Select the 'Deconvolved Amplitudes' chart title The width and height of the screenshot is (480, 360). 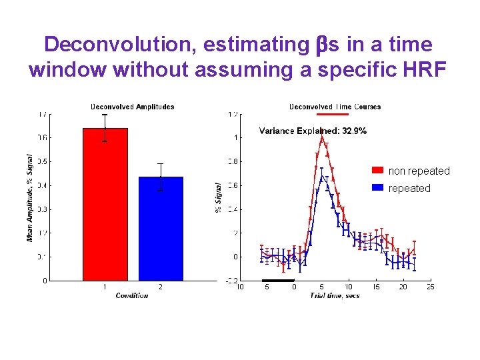tap(132, 107)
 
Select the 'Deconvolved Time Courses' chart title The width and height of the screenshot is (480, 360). tap(335, 107)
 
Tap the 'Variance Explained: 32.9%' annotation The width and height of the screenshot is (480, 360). tap(313, 131)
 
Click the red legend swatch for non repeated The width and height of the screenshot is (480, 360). tap(377, 171)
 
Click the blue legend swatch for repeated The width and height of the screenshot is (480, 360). tap(377, 189)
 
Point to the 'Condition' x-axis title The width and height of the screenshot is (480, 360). tap(132, 295)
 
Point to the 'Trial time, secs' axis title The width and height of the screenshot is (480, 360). tap(335, 295)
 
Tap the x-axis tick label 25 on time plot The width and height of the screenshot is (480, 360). tap(430, 287)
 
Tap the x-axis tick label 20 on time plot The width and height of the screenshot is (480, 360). tap(403, 287)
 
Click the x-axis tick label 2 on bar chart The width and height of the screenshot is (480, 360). tap(160, 287)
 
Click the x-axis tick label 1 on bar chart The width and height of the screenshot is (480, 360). tap(105, 287)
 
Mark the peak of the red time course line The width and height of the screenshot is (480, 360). tap(322, 137)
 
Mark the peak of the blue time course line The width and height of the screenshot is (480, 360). tap(322, 176)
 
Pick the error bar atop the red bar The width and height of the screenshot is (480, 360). tap(105, 127)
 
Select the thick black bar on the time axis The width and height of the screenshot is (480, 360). tap(277, 280)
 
